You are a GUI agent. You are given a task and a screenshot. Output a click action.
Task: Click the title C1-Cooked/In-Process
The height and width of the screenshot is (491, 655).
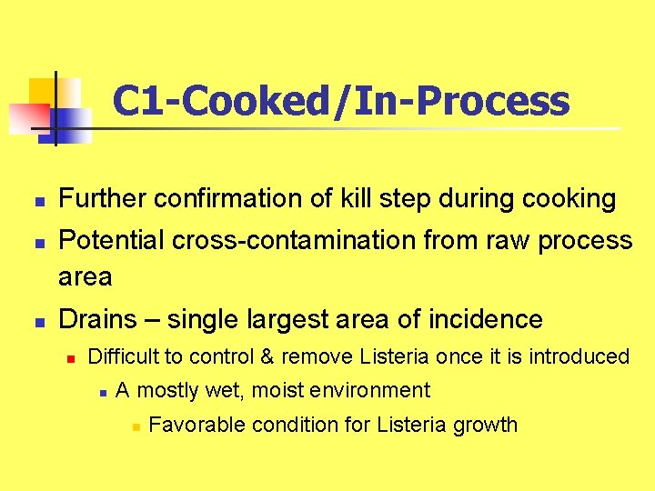pos(341,101)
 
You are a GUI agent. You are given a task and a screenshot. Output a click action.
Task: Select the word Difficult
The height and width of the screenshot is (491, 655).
pos(122,356)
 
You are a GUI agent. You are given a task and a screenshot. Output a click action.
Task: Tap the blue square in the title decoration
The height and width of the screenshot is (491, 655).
pos(71,124)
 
